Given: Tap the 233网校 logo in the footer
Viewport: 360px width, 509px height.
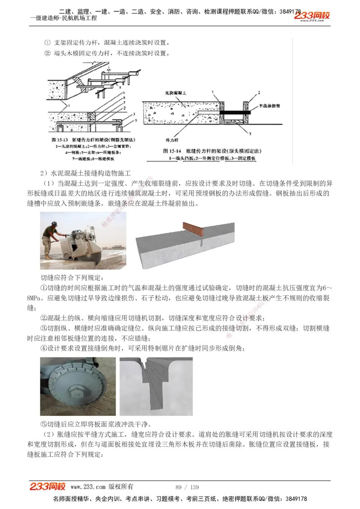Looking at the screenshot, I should (48, 487).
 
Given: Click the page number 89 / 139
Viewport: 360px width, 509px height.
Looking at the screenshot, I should (187, 487).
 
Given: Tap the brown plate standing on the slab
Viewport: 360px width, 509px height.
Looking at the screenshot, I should (193, 230).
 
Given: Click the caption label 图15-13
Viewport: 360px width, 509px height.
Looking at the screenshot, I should (61, 141).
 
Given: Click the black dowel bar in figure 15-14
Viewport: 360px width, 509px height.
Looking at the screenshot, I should (236, 109).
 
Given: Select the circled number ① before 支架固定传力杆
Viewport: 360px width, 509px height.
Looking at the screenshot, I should (47, 43).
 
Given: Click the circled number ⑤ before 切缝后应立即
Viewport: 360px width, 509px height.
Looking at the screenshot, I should (44, 424).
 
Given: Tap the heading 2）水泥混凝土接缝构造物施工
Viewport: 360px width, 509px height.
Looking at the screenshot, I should (85, 173).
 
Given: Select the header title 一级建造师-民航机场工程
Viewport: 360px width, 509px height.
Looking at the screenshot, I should (63, 18).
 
